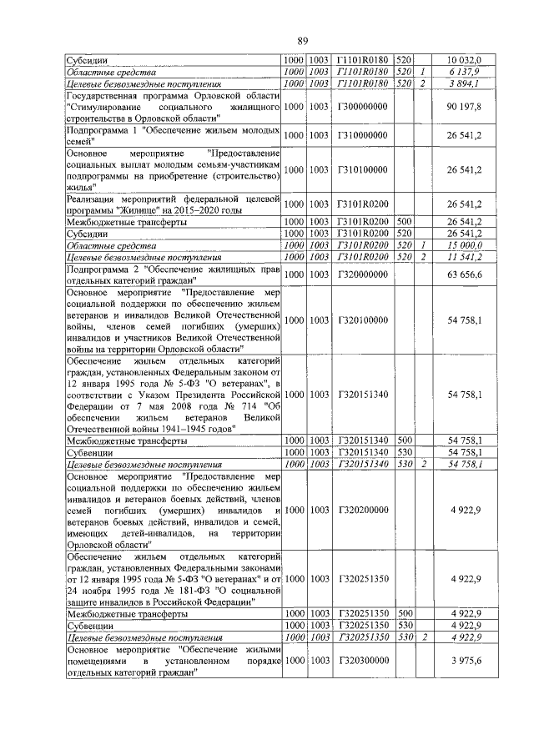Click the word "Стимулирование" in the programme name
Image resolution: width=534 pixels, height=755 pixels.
click(x=106, y=108)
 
